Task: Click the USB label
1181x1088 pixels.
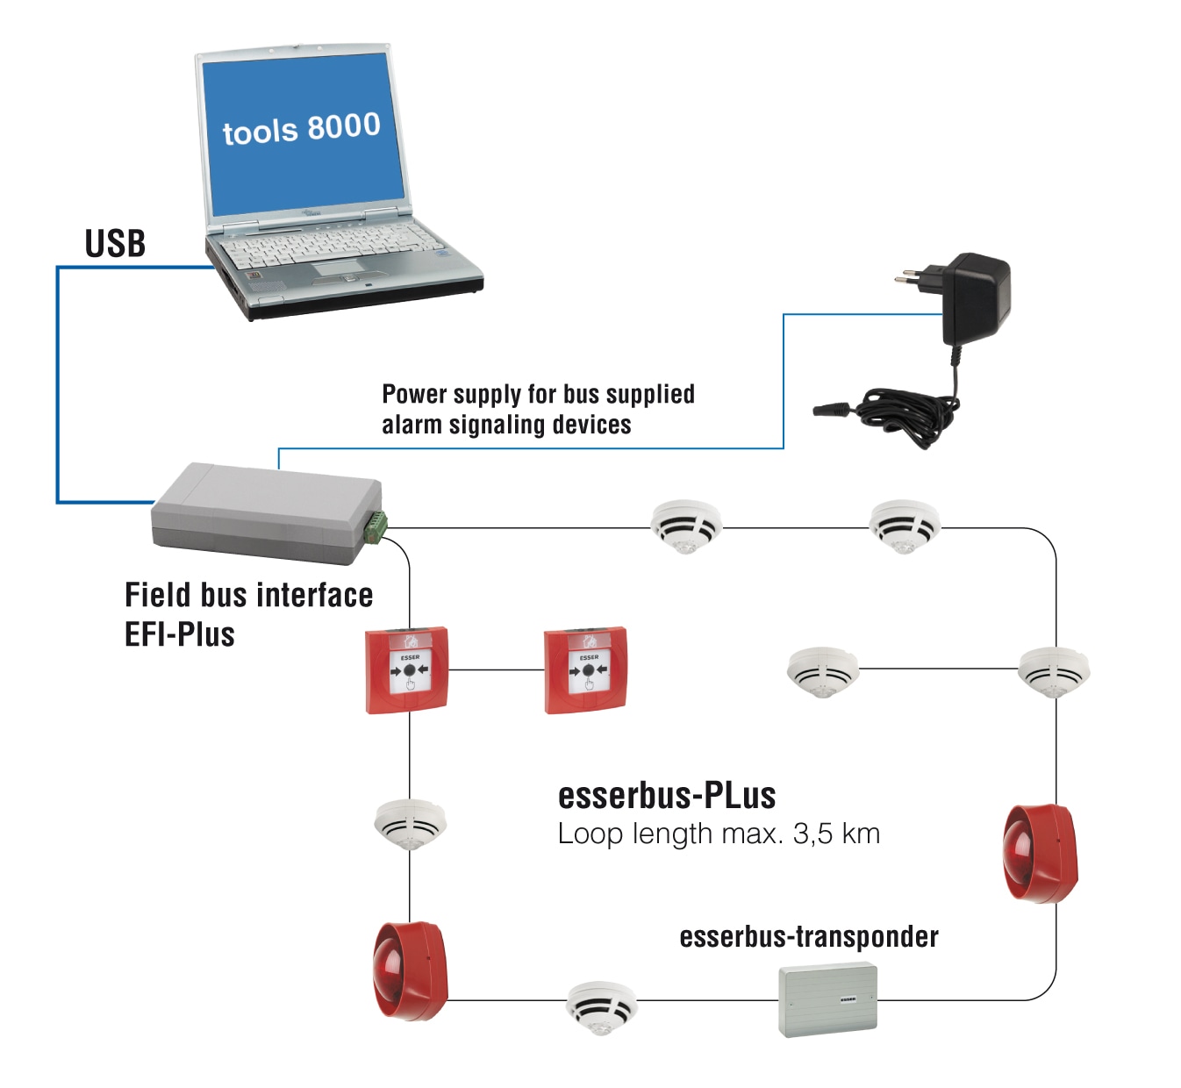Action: point(115,243)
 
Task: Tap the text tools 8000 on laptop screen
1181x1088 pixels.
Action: point(301,129)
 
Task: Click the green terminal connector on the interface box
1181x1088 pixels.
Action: point(376,526)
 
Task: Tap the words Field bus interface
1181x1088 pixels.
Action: point(248,595)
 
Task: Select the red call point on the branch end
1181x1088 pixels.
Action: point(586,669)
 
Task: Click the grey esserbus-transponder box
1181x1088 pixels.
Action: point(827,999)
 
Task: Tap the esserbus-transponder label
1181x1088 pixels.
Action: point(808,937)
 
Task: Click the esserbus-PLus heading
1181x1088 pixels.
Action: point(667,795)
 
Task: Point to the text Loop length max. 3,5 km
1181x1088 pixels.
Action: point(719,834)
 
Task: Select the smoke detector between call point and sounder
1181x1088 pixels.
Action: point(410,824)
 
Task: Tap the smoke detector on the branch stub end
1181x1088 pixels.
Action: point(822,672)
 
